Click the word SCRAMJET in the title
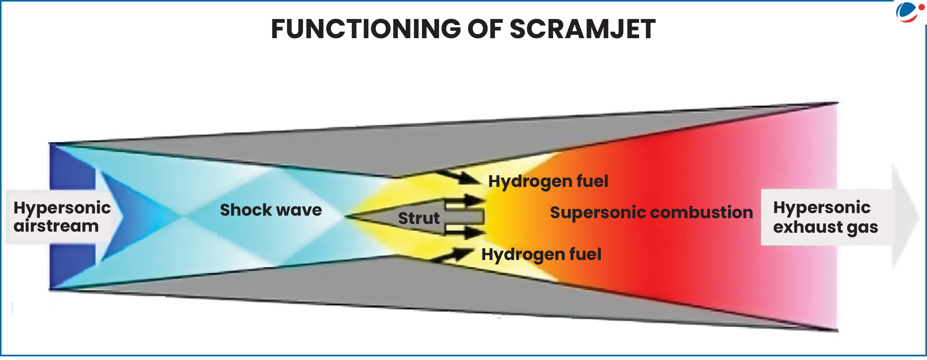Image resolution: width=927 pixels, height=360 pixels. (582, 29)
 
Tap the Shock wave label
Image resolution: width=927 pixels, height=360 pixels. (271, 210)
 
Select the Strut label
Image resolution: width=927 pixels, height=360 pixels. (419, 218)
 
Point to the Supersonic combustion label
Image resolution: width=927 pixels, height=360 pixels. (651, 212)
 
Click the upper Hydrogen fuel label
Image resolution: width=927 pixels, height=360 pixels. (548, 181)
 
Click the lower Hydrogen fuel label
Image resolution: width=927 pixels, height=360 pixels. (541, 254)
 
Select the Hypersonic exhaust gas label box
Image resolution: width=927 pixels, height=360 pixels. (825, 217)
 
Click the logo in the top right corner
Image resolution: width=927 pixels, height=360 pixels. (909, 12)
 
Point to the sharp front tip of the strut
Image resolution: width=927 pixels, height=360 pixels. (346, 216)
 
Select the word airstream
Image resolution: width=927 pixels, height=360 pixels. (56, 226)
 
